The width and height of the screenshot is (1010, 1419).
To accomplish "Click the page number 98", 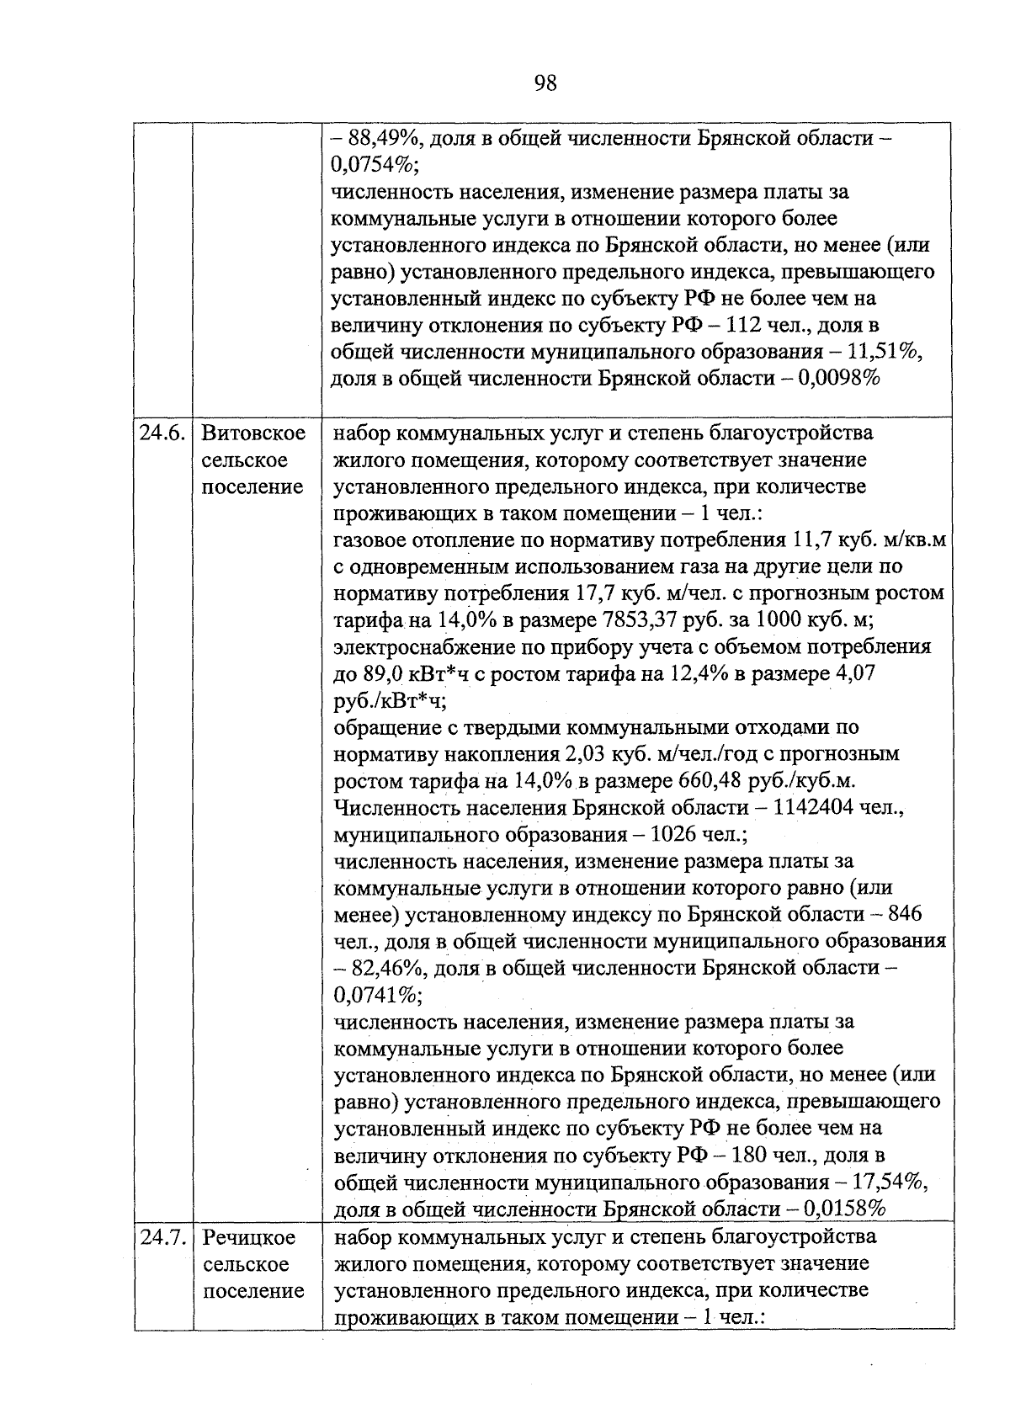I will point(545,83).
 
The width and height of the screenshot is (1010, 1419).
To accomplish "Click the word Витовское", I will point(253,433).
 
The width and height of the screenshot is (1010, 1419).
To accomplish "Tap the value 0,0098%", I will point(841,379).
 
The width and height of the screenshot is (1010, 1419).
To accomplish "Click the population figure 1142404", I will point(809,808).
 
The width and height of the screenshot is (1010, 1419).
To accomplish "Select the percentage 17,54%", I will point(892,1182).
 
